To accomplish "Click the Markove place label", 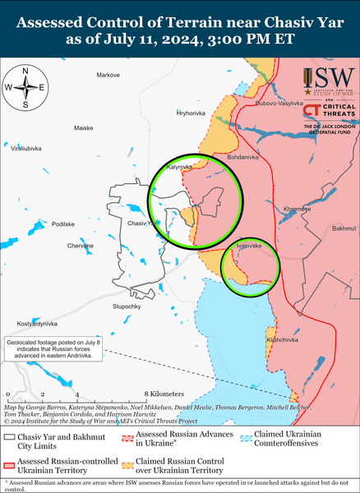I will pyautogui.click(x=108, y=76).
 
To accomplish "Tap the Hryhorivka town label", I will pyautogui.click(x=191, y=112).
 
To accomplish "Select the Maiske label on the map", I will pyautogui.click(x=84, y=129).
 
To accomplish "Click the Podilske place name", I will pyautogui.click(x=63, y=223).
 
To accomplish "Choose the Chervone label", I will pyautogui.click(x=81, y=246).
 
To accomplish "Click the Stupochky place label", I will pyautogui.click(x=127, y=306).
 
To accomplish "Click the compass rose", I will pyautogui.click(x=25, y=87).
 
